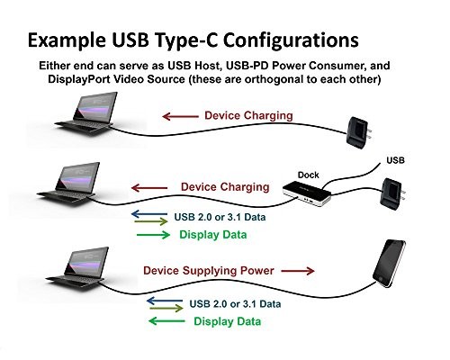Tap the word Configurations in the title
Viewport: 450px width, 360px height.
(x=291, y=40)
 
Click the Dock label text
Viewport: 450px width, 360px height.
(x=308, y=175)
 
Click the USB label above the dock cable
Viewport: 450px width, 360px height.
(x=395, y=160)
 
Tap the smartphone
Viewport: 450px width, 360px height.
(x=389, y=263)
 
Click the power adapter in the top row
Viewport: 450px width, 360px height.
(x=359, y=132)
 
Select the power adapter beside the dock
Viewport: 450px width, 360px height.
(x=393, y=193)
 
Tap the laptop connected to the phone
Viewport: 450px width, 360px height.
(x=77, y=268)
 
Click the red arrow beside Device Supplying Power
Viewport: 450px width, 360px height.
(x=298, y=271)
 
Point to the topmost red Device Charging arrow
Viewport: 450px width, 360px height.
(x=180, y=116)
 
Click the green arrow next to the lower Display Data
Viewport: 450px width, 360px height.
(x=166, y=321)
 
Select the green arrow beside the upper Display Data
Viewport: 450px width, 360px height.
(x=153, y=235)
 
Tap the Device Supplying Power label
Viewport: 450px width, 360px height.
(x=209, y=271)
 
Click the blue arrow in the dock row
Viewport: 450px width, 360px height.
(x=149, y=214)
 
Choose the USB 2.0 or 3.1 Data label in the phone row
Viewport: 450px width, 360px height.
(x=235, y=304)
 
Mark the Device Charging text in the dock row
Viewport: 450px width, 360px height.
(x=225, y=187)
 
